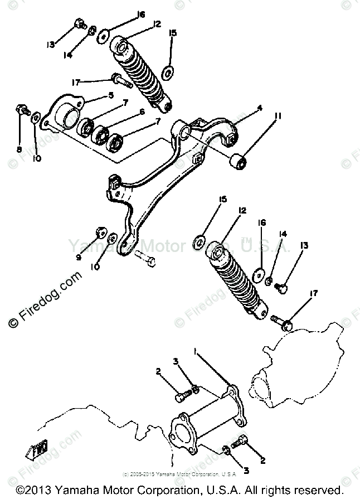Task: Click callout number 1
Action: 195,352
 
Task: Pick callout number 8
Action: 19,149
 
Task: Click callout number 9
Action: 79,257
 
